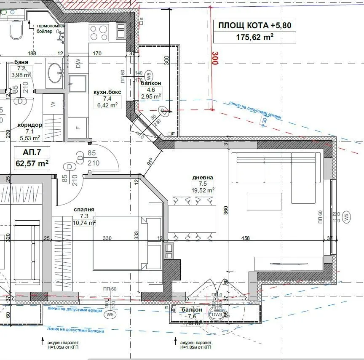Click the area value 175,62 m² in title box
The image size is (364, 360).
click(255, 37)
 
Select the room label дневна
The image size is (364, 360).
click(203, 178)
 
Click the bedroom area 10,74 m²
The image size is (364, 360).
click(84, 223)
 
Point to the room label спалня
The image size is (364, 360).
click(84, 210)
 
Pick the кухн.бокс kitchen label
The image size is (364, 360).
click(107, 92)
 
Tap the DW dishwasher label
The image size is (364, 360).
click(78, 64)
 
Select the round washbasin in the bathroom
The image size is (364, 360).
click(55, 73)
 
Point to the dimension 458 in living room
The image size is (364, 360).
click(245, 238)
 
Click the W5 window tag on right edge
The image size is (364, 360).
click(346, 217)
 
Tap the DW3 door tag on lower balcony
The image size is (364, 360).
click(217, 315)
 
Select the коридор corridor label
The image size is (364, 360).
click(30, 125)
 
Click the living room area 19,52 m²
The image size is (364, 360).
click(203, 190)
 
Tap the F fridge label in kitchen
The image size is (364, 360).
click(78, 128)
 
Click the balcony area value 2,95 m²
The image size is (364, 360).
click(150, 96)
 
